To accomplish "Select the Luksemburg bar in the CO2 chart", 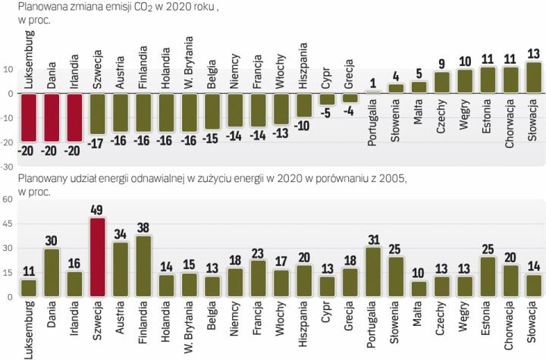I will [30, 117].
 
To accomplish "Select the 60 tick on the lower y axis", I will [8, 200].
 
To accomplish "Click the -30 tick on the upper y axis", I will [8, 167].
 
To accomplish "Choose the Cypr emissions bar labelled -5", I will [327, 99].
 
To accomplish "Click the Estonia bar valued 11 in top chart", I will [488, 80].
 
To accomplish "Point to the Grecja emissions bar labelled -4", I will [350, 98].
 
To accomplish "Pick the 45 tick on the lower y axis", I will [8, 224].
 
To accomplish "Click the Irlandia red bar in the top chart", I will [74, 117].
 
